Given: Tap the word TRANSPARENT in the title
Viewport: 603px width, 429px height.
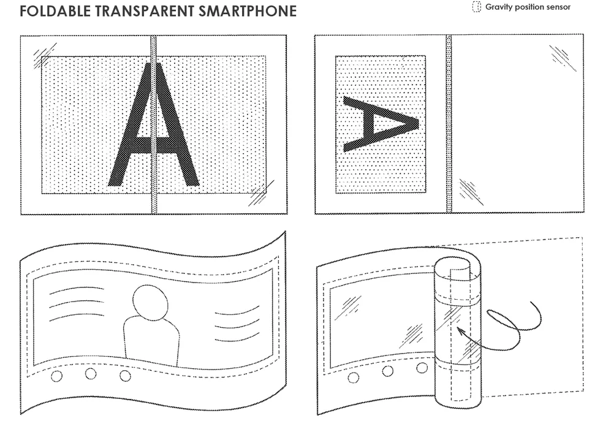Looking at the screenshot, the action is point(145,11).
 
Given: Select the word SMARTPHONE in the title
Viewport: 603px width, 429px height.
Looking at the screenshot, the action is point(248,11).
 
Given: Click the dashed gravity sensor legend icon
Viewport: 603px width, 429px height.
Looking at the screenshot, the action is point(476,7).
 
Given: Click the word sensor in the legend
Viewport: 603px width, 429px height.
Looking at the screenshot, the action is point(558,7).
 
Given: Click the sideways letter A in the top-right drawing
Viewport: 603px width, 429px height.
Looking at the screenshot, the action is point(381,124).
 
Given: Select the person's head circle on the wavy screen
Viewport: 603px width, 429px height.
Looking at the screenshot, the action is point(150,302).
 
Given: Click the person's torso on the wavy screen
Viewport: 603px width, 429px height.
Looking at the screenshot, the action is point(151,341).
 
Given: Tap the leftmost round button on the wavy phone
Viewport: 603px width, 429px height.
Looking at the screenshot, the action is point(56,376).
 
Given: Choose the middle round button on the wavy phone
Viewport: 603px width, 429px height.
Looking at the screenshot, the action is point(91,373).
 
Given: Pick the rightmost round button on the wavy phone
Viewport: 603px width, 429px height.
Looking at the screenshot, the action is point(125,376).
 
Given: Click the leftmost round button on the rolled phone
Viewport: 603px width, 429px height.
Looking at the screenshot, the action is point(354,378).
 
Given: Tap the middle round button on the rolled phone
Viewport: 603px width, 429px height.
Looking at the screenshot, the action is point(388,371).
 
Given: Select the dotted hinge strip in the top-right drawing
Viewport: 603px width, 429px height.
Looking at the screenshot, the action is point(449,124).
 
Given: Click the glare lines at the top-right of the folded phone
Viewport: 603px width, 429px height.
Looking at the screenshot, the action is point(563,58).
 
